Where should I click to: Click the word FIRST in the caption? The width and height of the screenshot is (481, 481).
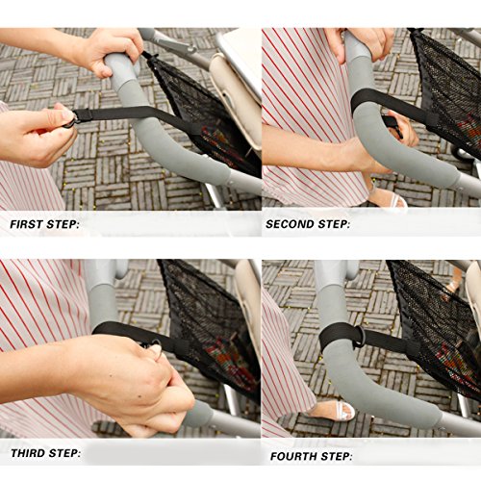click(27, 224)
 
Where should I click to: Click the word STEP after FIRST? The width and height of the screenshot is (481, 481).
click(63, 224)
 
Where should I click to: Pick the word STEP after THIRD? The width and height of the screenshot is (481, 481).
click(64, 453)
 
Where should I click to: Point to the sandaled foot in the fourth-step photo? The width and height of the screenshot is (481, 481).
click(330, 411)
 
